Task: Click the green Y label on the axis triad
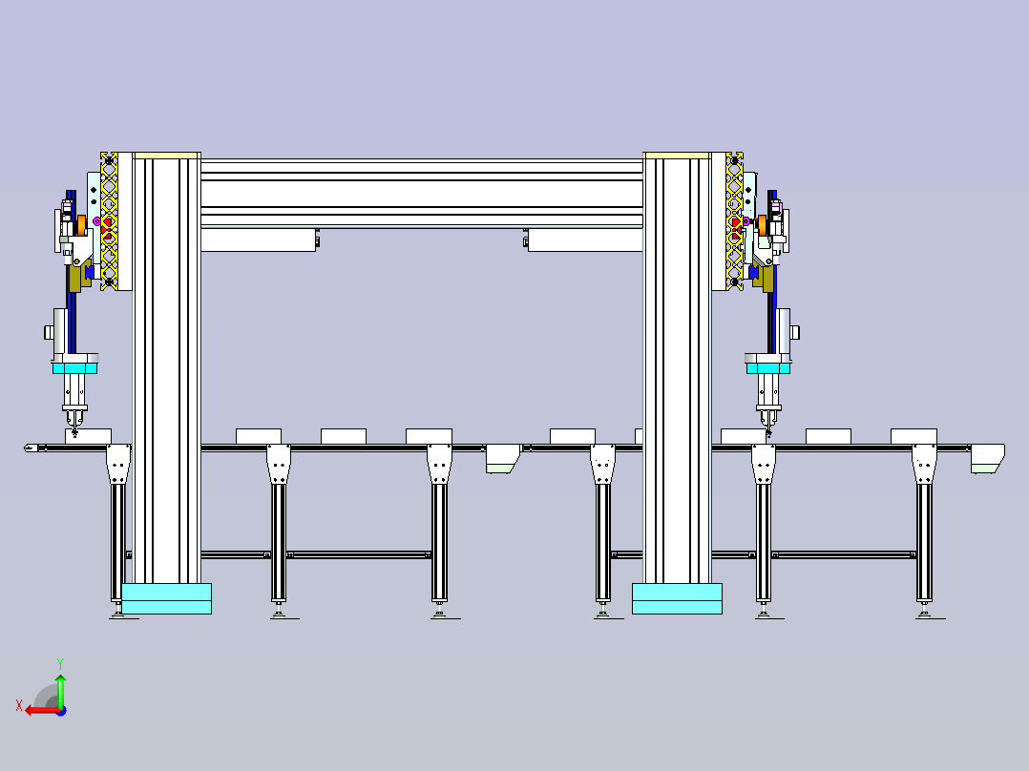point(60,663)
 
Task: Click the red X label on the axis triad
point(19,705)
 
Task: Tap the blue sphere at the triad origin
point(61,711)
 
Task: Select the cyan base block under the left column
point(167,598)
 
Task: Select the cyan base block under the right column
point(677,598)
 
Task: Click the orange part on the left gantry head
point(81,225)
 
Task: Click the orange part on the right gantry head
point(762,224)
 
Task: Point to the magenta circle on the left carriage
point(97,221)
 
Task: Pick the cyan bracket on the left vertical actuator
point(74,368)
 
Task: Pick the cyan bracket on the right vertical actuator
point(767,368)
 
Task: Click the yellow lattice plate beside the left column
point(109,221)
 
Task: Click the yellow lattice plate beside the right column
point(734,221)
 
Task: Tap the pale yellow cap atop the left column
point(167,156)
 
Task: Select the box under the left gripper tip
point(88,436)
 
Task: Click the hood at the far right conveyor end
point(987,458)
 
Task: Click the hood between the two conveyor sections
point(503,458)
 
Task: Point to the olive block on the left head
point(76,277)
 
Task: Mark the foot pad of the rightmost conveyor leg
point(930,615)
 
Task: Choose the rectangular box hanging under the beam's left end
point(259,240)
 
